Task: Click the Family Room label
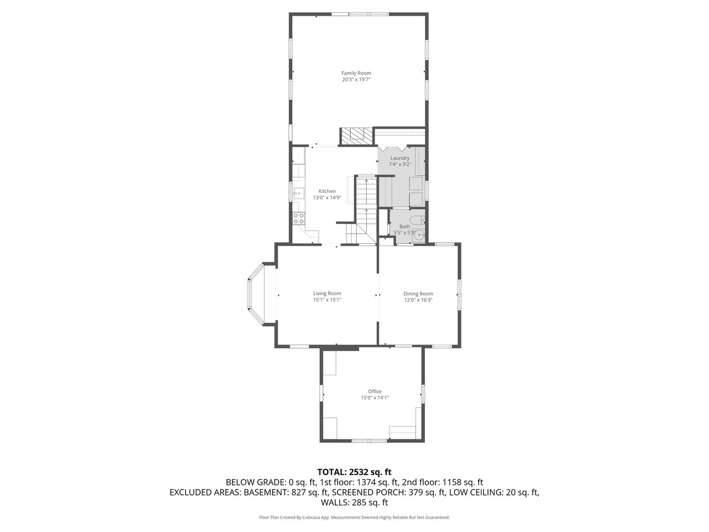coord(356,73)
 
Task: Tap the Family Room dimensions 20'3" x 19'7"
coord(356,80)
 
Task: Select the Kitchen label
coord(327,191)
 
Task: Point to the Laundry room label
coord(400,158)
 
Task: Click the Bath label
coord(405,226)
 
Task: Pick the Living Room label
coord(327,293)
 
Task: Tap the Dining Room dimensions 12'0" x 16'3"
coord(418,300)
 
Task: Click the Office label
coord(375,391)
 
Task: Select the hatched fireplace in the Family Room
coord(356,136)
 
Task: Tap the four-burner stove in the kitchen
coord(72,218)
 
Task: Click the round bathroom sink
coord(419,235)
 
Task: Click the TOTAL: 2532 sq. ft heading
coord(354,472)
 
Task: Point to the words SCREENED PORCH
coord(369,492)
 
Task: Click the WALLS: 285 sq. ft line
coord(354,502)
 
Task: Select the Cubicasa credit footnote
coord(354,517)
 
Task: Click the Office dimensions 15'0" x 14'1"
coord(375,398)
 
